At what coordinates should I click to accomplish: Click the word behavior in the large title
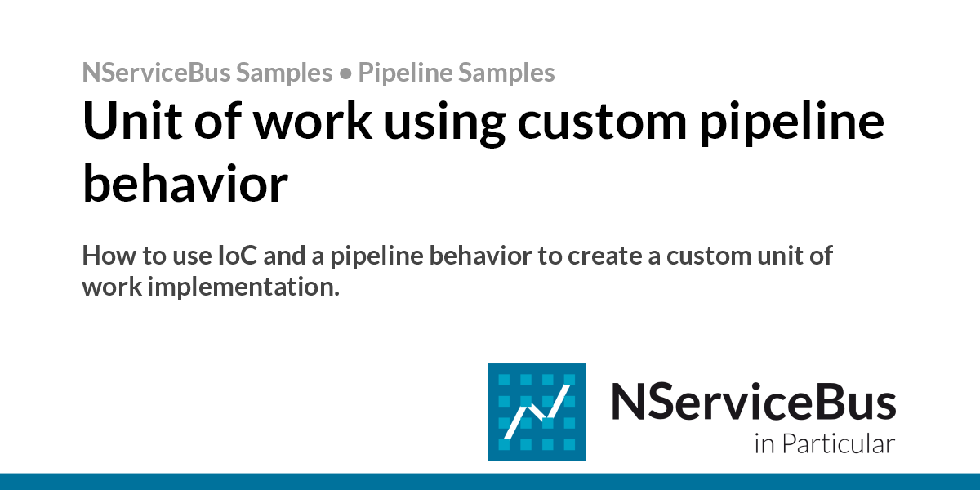point(185,185)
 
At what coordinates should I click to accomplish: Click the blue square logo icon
point(537,412)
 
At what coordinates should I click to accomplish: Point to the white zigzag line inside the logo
point(537,413)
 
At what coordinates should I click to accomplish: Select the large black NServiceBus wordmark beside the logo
point(753,403)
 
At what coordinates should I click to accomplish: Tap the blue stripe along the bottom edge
point(490,481)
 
